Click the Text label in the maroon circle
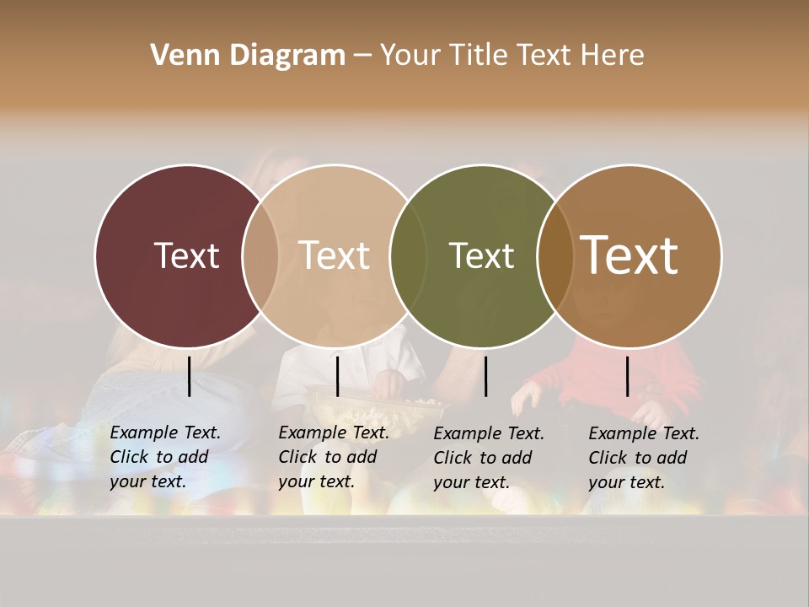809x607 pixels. pos(186,255)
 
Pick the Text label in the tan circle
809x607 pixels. pos(335,255)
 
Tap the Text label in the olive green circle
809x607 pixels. pos(481,255)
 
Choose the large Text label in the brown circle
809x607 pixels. pos(630,255)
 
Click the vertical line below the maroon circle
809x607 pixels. pos(190,376)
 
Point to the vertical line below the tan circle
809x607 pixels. pos(337,376)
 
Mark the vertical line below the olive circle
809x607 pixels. pos(486,376)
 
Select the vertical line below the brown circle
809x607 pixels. pos(628,376)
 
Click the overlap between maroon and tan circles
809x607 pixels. pos(260,255)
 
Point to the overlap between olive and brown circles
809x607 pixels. pos(554,255)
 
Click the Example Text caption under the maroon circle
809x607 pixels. pos(165,457)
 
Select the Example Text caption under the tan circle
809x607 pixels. pos(334,457)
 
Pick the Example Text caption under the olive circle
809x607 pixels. pos(489,458)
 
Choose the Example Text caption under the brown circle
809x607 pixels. pos(644,458)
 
